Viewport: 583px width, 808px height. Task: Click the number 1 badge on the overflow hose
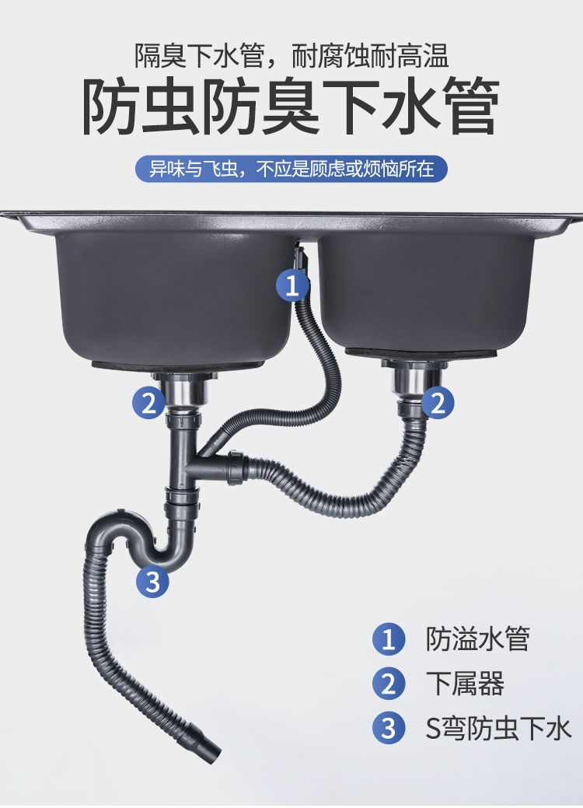click(x=292, y=285)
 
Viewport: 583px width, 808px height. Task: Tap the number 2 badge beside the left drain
click(x=148, y=403)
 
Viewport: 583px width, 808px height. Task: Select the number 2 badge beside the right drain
click(x=438, y=403)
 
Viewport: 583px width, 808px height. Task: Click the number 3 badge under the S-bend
click(x=153, y=582)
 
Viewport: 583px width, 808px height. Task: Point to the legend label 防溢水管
click(x=478, y=639)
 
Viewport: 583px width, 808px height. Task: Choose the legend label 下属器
click(x=465, y=684)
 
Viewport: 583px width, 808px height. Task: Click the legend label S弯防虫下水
click(x=498, y=729)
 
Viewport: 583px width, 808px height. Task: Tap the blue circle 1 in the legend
click(x=389, y=639)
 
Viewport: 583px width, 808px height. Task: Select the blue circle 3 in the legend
click(x=389, y=728)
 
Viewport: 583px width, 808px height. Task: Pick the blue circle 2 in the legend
click(x=389, y=684)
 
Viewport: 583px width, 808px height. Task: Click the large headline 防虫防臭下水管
click(x=291, y=107)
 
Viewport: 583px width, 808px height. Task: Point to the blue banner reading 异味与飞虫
click(x=291, y=169)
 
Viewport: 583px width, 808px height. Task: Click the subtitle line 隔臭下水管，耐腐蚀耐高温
click(x=291, y=56)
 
